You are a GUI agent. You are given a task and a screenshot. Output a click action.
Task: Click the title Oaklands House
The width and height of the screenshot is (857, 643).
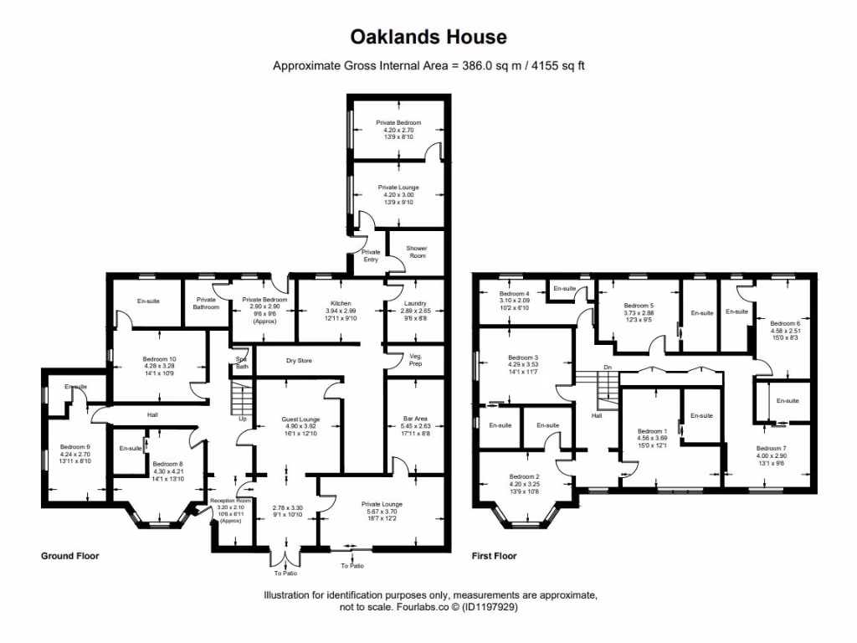pos(428,37)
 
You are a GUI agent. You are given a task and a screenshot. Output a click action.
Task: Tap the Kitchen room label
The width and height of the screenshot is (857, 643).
pos(341,303)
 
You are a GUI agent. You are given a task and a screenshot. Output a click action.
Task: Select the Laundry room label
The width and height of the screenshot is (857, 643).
pos(413,303)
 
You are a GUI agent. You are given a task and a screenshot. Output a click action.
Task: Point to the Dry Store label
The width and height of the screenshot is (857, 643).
pos(299,361)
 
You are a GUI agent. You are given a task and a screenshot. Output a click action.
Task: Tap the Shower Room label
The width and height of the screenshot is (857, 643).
pos(416,252)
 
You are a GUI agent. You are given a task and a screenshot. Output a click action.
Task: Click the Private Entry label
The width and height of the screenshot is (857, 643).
pos(371,255)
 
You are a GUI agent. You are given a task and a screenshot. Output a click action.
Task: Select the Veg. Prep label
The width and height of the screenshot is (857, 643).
pos(416,359)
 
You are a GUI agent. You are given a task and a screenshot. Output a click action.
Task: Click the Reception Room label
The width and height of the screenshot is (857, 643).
pos(229,501)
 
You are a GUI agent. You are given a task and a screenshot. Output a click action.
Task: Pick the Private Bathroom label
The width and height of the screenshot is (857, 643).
pos(206,303)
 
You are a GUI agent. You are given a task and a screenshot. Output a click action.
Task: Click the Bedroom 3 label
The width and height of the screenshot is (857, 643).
pos(523,358)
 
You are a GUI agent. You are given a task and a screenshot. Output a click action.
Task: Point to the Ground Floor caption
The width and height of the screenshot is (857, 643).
pos(70,556)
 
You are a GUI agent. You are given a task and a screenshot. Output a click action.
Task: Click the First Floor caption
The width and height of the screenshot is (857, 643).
pos(494,556)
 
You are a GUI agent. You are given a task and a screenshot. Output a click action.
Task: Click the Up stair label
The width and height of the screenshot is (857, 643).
pos(243,418)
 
